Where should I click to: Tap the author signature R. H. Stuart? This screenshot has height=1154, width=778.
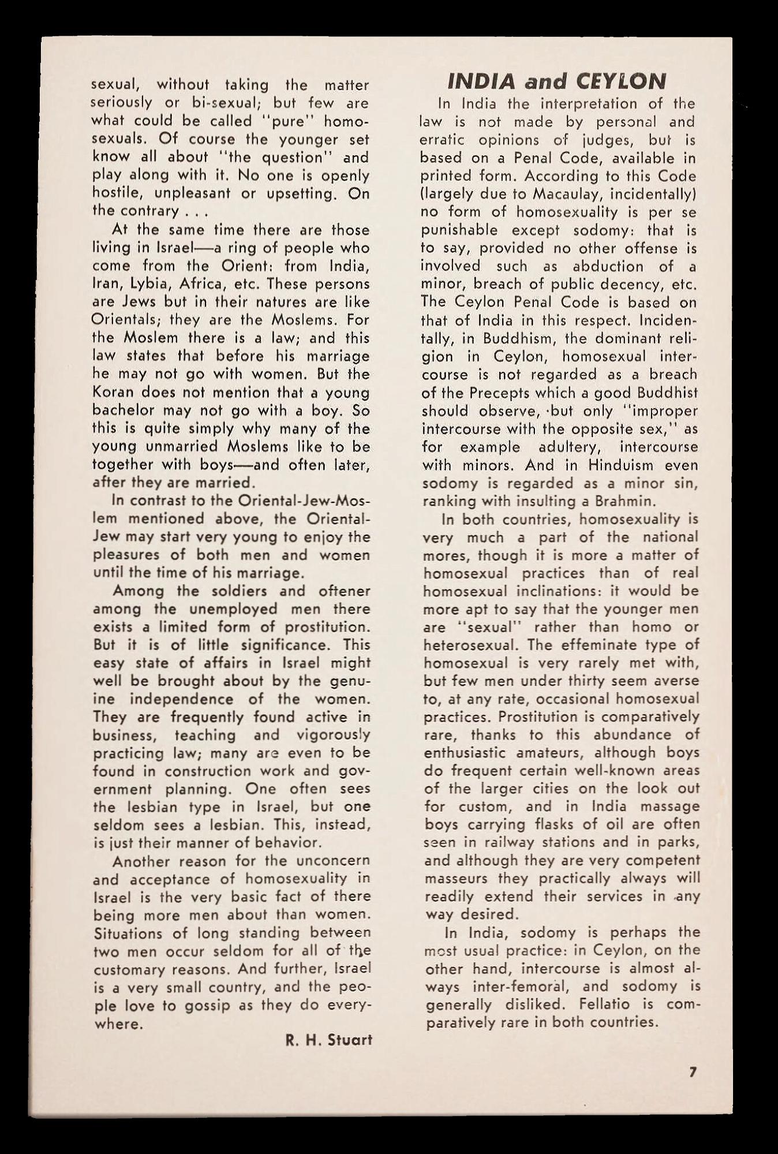[x=329, y=1040]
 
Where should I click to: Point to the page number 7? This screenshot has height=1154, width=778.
[x=693, y=1072]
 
